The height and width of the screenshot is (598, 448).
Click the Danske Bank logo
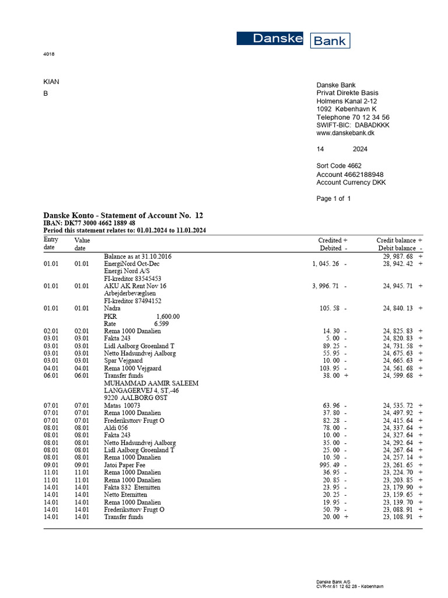click(293, 40)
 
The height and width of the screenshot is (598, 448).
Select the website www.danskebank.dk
click(345, 133)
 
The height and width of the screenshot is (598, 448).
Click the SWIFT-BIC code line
click(352, 125)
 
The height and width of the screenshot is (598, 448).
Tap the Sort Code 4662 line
click(339, 166)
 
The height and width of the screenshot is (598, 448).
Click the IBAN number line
click(90, 223)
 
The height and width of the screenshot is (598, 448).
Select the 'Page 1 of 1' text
click(334, 199)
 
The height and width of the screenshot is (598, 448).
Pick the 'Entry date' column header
click(51, 244)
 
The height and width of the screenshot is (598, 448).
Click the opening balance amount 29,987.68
click(398, 256)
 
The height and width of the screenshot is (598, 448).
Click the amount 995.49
click(330, 465)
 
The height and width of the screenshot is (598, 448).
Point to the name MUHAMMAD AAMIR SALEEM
click(151, 383)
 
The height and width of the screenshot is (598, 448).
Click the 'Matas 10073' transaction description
click(122, 405)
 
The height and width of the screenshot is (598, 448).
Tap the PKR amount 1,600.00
click(168, 316)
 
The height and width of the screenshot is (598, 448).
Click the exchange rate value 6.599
click(162, 324)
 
